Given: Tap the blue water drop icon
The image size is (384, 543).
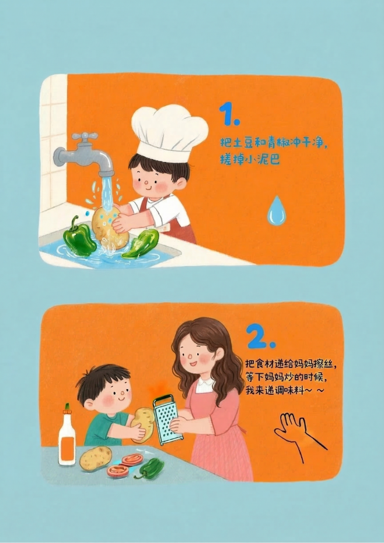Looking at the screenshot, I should click(276, 211).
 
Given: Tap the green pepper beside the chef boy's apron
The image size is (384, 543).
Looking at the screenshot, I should click(141, 243).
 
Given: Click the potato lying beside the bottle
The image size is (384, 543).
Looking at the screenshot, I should click(96, 458).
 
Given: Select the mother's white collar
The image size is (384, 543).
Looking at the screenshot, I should click(205, 384).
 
